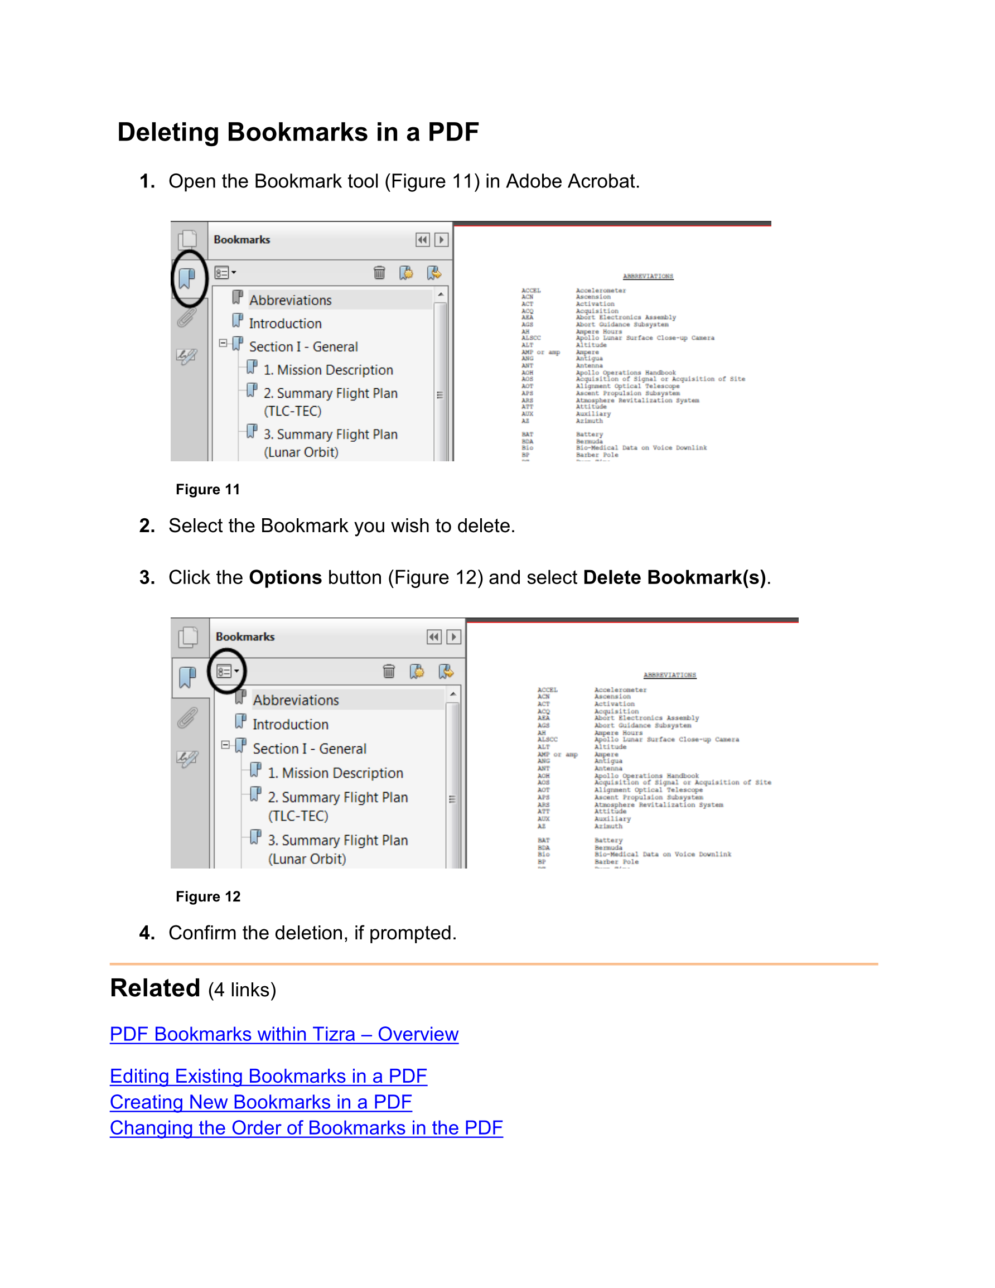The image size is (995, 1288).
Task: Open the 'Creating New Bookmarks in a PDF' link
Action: tap(260, 1102)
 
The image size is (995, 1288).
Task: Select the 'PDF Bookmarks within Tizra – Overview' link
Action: tap(284, 1034)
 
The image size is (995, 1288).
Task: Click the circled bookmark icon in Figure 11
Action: tap(187, 278)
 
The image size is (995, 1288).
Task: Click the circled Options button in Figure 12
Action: tap(226, 671)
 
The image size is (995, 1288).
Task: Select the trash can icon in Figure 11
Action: tap(379, 272)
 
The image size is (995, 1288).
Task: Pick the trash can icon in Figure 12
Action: tap(389, 671)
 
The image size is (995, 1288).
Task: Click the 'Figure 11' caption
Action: tap(207, 490)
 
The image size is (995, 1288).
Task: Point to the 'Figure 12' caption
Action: tap(207, 897)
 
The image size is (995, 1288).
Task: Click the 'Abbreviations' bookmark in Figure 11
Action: tap(290, 300)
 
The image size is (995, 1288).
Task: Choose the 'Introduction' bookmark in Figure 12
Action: tap(290, 724)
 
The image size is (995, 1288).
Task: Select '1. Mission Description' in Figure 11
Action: tap(328, 370)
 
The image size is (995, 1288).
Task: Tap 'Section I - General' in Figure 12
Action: tap(309, 749)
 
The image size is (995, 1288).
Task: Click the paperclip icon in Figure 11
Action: tap(186, 319)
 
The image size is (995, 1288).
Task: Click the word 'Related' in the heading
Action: tap(155, 988)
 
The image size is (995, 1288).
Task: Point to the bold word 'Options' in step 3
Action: tap(286, 577)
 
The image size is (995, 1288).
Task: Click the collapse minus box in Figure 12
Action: tap(225, 745)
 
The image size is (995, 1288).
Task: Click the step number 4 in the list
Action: tap(146, 933)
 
